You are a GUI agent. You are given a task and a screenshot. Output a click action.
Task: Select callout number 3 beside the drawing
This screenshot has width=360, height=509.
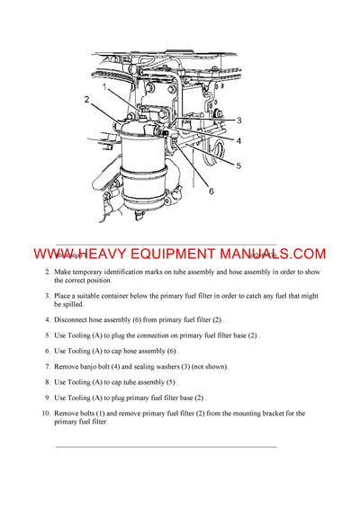(x=238, y=120)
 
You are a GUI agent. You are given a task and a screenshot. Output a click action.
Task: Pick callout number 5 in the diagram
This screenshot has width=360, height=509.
(x=238, y=165)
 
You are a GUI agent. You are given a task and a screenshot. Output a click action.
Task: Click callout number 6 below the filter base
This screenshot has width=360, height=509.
(x=210, y=190)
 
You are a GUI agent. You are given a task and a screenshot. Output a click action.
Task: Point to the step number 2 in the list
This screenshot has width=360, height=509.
(x=47, y=271)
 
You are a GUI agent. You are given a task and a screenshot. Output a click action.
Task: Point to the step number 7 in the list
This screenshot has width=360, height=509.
(x=47, y=366)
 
